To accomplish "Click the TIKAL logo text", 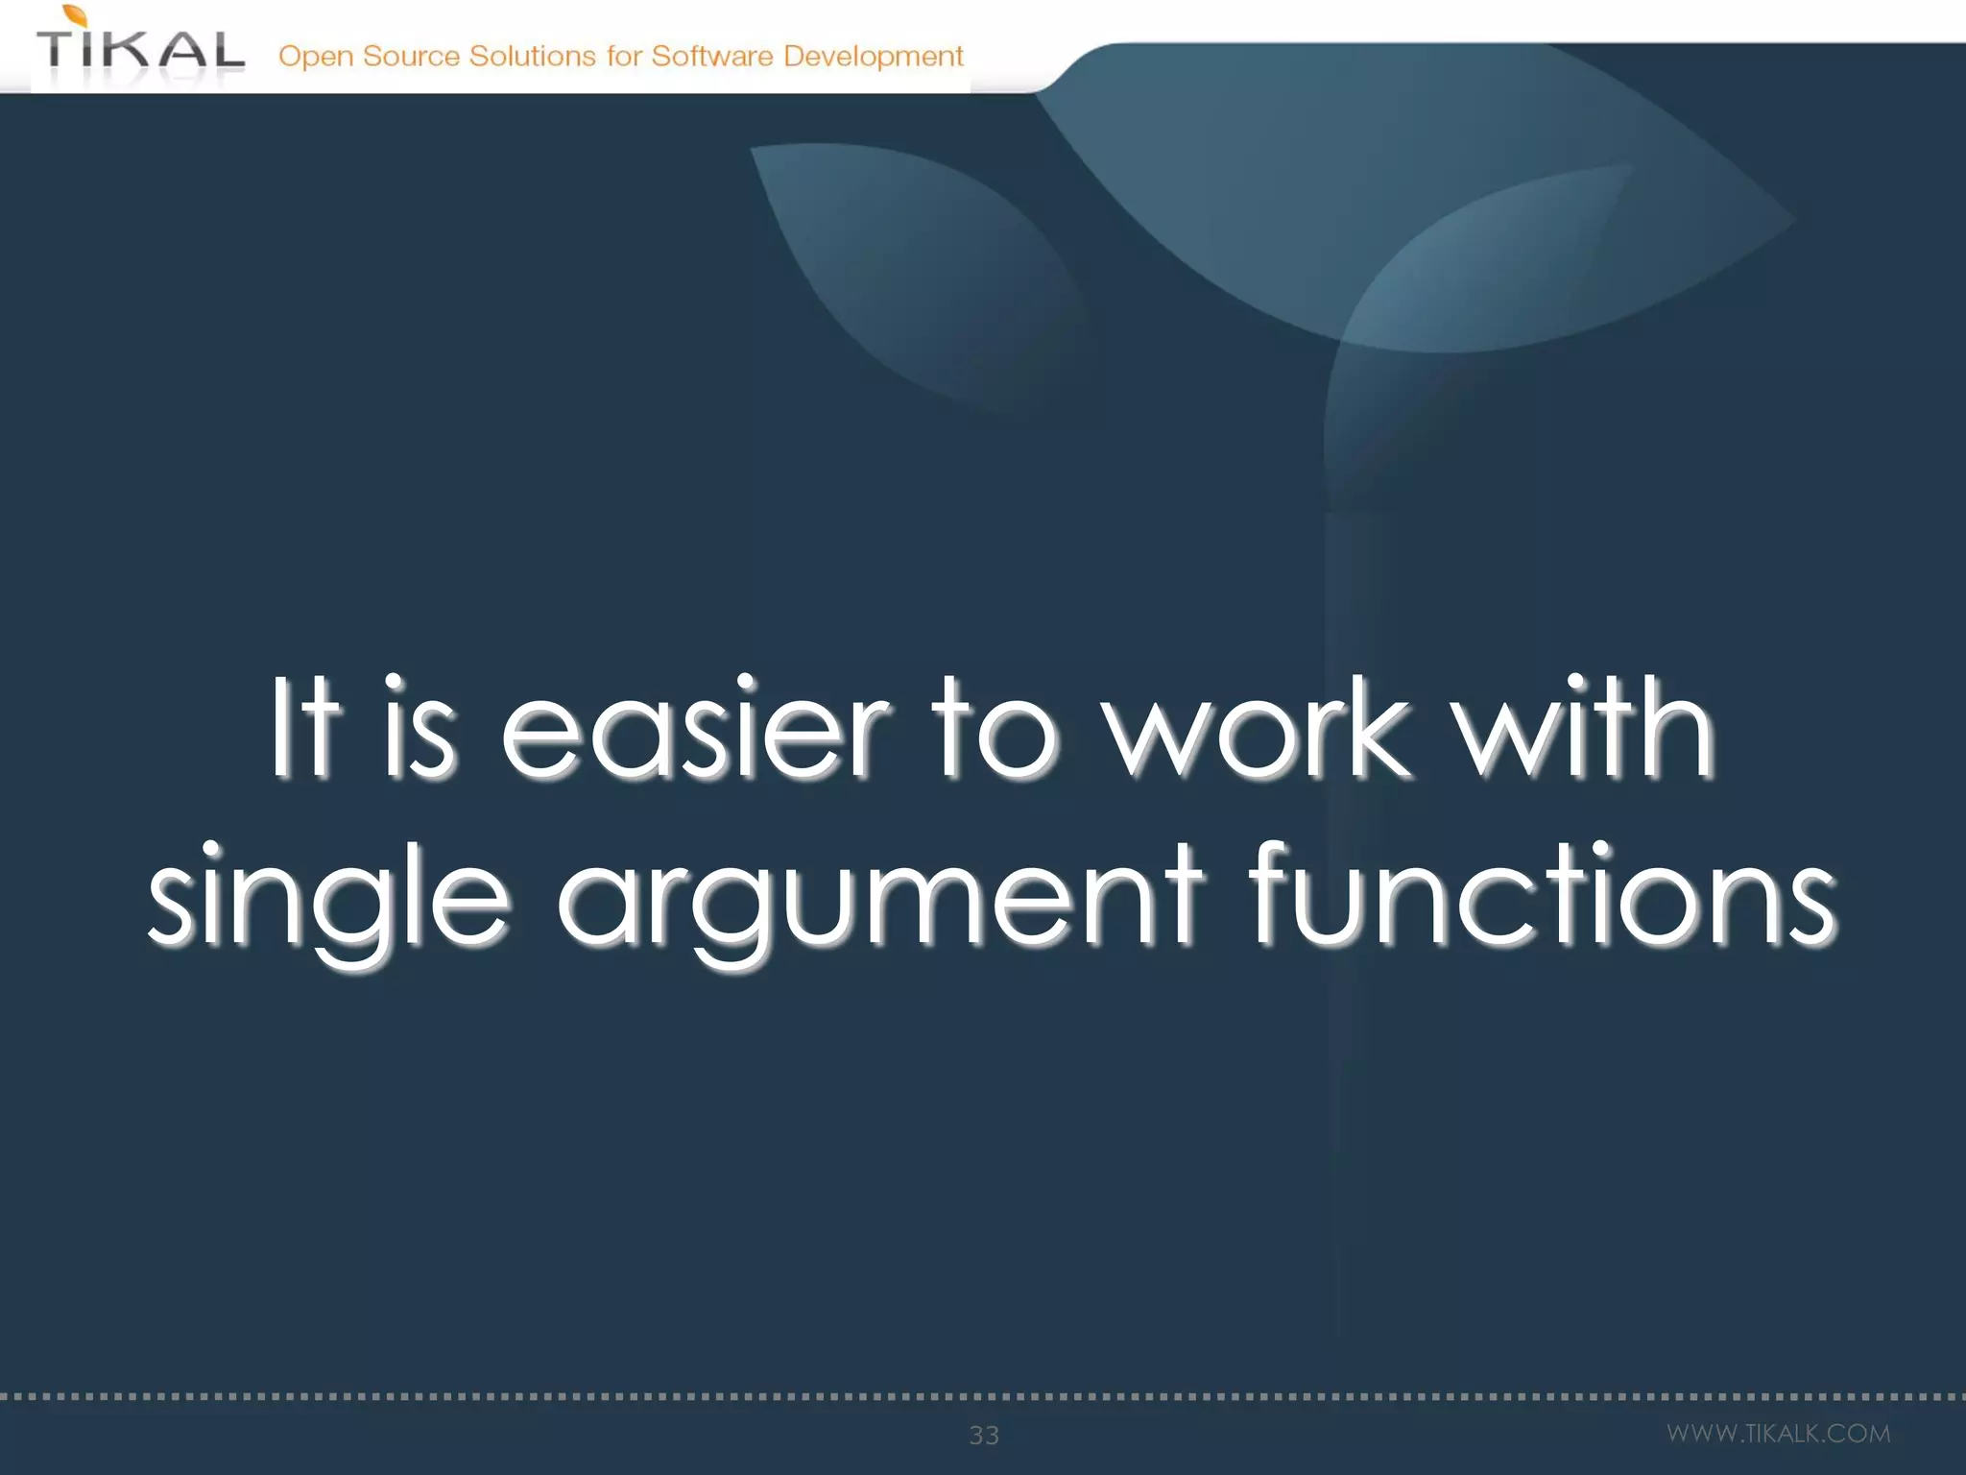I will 140,50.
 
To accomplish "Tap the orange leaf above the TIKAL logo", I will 76,14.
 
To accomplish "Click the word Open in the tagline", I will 316,57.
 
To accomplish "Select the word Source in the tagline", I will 411,56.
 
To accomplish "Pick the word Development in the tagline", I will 873,57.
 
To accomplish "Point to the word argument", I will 878,898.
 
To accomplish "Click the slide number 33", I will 984,1435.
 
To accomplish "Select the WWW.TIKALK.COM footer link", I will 1778,1434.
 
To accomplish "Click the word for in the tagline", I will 623,56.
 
